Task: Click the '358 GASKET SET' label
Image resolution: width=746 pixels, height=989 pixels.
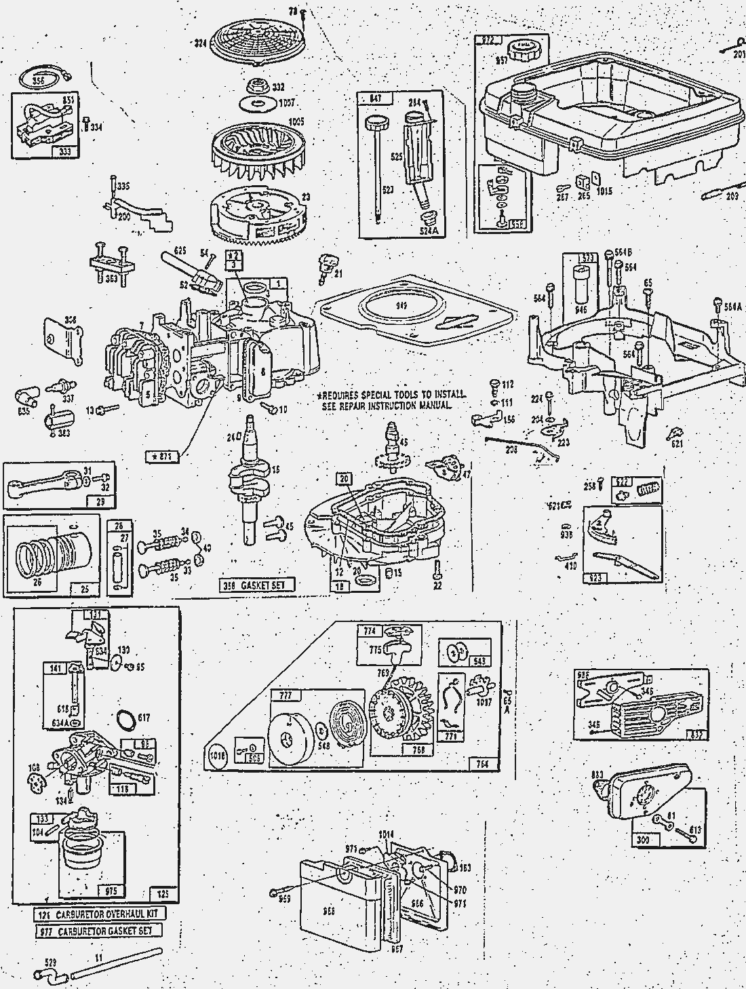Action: click(258, 585)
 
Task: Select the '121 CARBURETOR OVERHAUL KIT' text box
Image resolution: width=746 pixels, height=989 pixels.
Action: click(100, 914)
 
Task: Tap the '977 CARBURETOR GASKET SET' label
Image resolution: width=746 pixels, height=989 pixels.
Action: click(99, 931)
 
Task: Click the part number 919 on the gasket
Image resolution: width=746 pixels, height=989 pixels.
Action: click(401, 307)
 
